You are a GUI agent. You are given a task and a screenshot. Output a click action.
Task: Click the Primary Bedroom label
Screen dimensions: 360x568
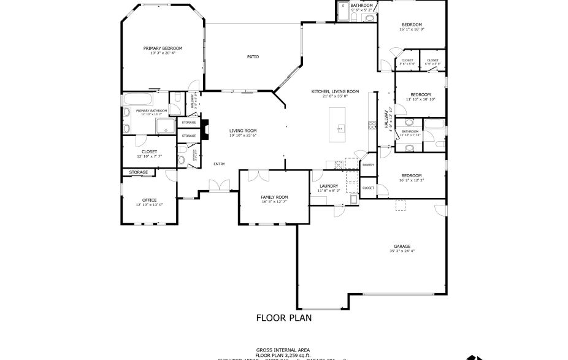[163, 48]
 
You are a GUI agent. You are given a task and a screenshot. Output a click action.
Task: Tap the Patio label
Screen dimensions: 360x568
[253, 56]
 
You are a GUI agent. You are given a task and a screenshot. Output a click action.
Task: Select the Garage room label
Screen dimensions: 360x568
[402, 246]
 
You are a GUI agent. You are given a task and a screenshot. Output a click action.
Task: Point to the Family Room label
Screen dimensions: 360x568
[274, 197]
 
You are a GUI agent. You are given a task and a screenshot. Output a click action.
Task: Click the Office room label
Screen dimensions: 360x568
[149, 200]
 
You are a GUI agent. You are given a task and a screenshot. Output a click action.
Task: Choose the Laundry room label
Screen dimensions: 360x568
[329, 186]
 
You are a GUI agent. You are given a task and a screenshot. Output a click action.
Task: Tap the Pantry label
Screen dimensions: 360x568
[368, 164]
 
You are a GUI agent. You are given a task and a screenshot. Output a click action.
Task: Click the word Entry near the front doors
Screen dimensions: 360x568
[219, 164]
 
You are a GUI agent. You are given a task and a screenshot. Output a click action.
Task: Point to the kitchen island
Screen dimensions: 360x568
[339, 122]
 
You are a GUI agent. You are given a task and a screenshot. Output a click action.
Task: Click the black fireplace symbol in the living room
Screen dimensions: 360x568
[205, 129]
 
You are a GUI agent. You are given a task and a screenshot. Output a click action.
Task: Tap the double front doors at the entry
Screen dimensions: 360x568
[216, 185]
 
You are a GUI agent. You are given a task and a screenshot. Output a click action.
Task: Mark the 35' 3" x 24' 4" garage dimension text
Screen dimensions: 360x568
[402, 251]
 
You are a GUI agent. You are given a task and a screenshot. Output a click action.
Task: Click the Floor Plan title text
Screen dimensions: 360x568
[283, 318]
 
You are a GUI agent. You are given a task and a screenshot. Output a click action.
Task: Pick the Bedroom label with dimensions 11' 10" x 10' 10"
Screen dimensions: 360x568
[420, 94]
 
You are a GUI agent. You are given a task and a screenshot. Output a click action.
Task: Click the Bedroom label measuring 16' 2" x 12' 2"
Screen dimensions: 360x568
[412, 175]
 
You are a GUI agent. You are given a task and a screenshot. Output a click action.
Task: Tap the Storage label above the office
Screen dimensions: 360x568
[138, 172]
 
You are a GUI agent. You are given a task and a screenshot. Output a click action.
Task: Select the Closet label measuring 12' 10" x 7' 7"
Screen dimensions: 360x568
[149, 151]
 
